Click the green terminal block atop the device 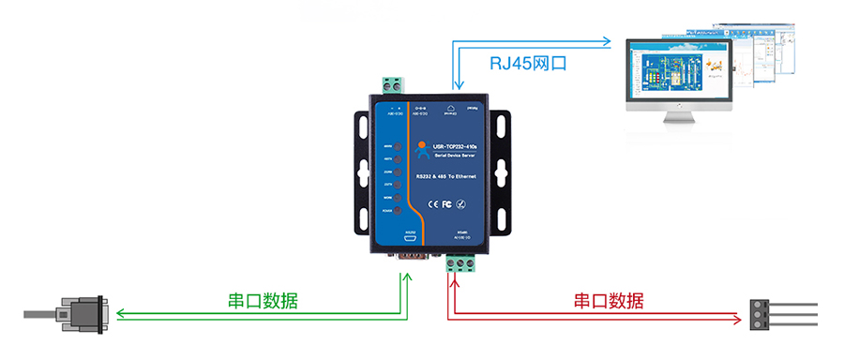click(x=395, y=86)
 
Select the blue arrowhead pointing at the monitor click(x=607, y=42)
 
